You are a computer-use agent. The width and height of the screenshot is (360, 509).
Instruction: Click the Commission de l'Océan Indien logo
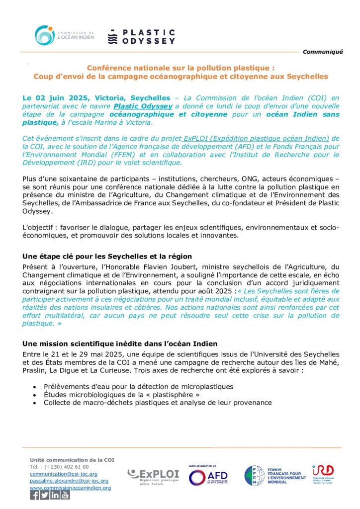[x=64, y=35]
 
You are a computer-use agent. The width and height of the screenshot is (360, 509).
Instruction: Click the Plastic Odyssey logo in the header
[x=141, y=36]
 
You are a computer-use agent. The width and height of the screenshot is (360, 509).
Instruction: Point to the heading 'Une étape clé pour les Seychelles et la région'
[x=107, y=256]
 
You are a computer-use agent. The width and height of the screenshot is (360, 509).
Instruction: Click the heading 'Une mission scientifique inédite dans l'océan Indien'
[x=120, y=344]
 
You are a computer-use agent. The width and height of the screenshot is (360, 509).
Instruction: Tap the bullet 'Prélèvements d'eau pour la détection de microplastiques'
[x=138, y=386]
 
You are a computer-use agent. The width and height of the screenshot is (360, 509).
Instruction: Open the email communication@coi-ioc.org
[x=64, y=474]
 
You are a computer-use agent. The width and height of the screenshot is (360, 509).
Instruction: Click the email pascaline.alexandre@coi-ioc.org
[x=69, y=481]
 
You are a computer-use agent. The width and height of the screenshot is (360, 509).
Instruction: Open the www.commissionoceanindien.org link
[x=70, y=488]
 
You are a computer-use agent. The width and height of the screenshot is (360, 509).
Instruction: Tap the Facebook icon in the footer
[x=34, y=495]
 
